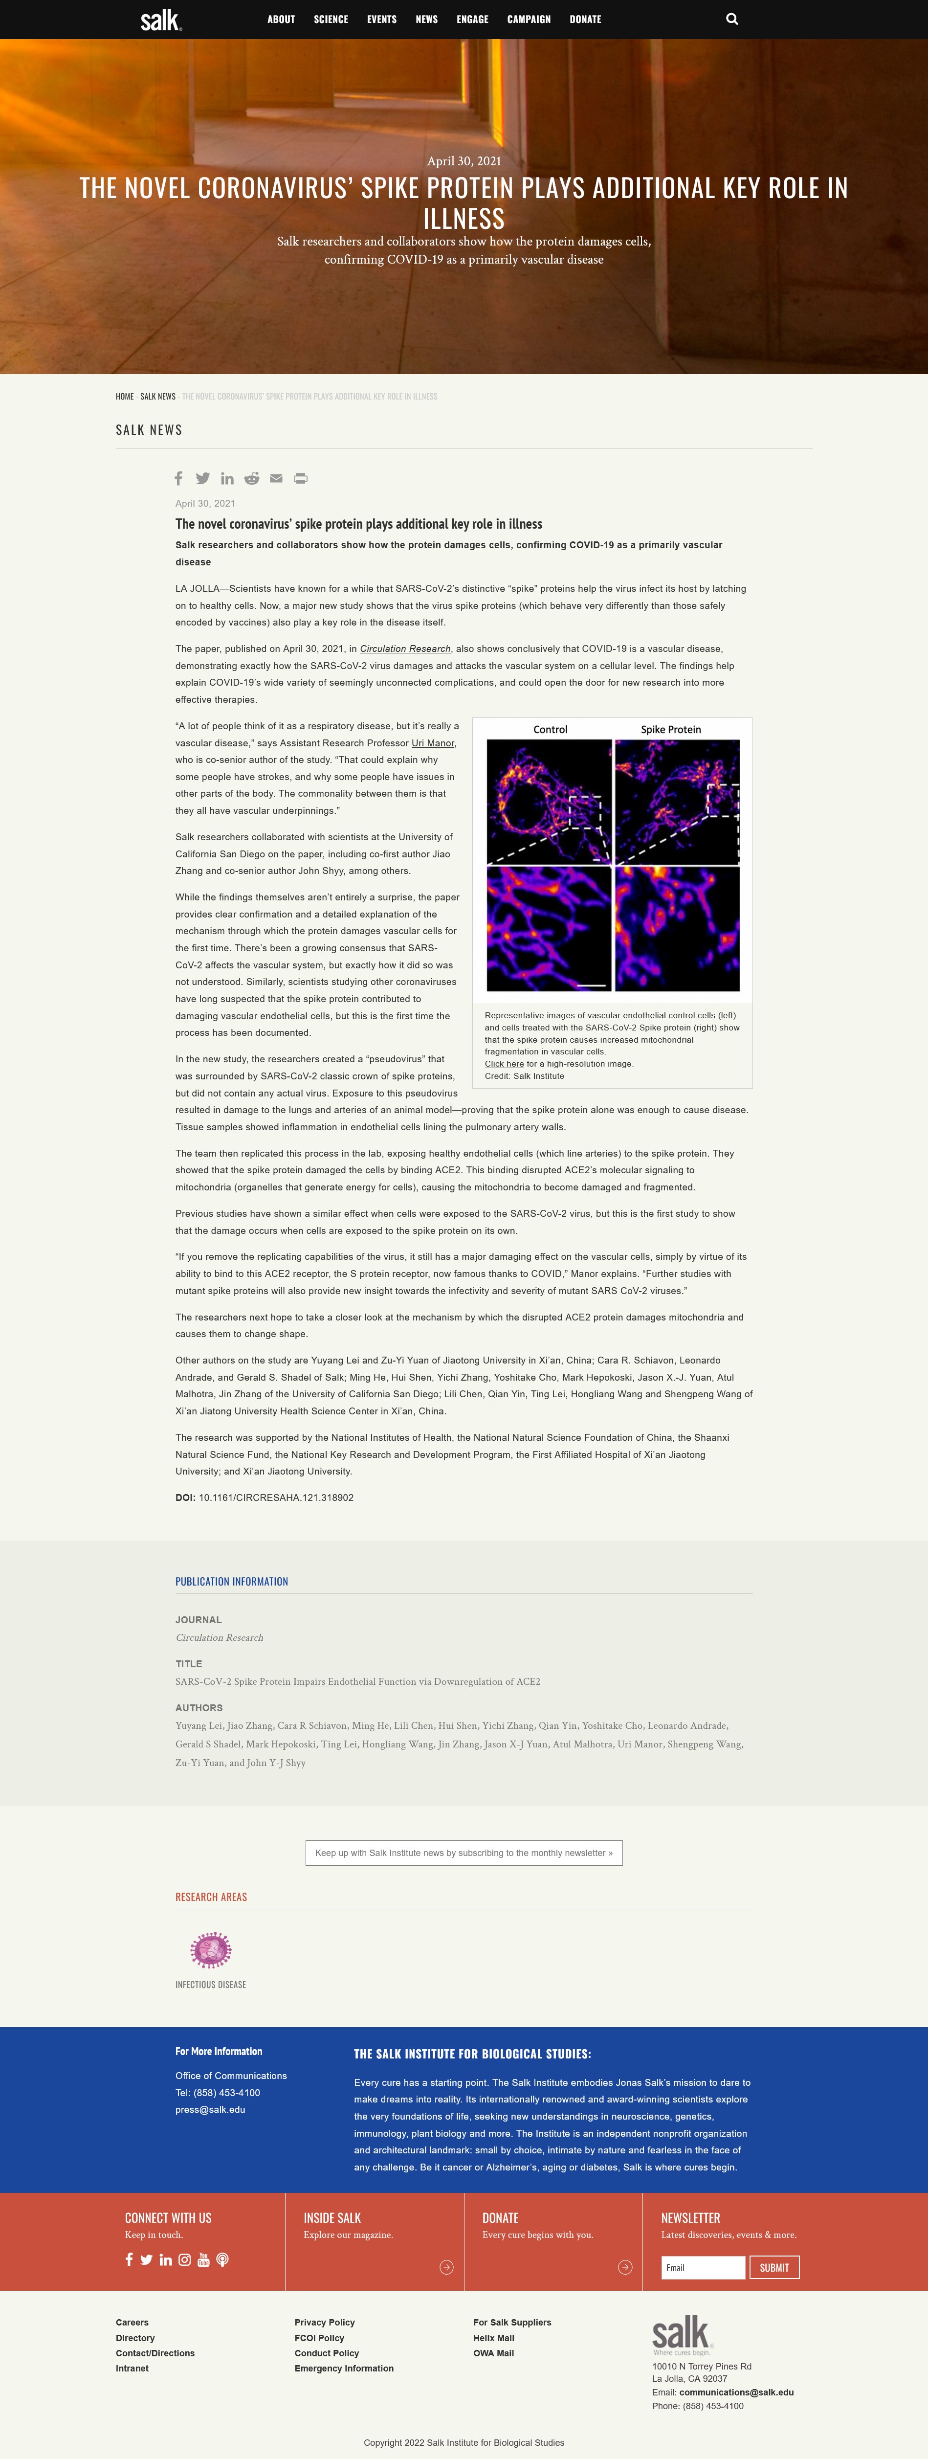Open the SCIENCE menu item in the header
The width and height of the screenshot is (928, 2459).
pyautogui.click(x=331, y=19)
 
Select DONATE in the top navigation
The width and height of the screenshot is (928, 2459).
pyautogui.click(x=585, y=19)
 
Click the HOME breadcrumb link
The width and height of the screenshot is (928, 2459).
pyautogui.click(x=124, y=396)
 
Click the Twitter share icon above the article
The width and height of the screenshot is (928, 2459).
pyautogui.click(x=202, y=478)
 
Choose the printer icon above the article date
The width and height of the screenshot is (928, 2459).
pyautogui.click(x=301, y=478)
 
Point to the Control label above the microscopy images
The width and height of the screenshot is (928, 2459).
pyautogui.click(x=550, y=729)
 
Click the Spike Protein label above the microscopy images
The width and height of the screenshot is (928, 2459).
pyautogui.click(x=670, y=729)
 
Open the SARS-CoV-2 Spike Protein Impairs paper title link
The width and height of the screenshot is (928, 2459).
pyautogui.click(x=357, y=1681)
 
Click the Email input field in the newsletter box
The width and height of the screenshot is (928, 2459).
pyautogui.click(x=703, y=2267)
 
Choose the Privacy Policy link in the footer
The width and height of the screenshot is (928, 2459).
pyautogui.click(x=325, y=2322)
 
